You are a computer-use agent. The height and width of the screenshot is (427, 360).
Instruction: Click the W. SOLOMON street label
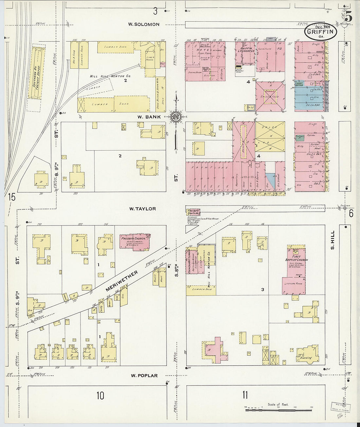coord(144,25)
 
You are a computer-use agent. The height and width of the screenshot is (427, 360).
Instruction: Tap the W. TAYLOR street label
coord(142,209)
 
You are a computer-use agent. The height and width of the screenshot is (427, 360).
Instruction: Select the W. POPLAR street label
coord(144,376)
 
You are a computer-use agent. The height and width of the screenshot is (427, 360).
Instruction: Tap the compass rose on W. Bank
coord(176,117)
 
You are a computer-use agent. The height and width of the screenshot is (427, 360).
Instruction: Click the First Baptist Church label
coord(297,260)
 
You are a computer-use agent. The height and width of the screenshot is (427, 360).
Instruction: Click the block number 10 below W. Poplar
coord(100,396)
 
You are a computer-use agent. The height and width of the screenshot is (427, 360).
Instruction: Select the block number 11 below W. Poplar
coord(245,395)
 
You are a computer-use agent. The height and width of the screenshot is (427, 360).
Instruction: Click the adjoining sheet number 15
coord(12,197)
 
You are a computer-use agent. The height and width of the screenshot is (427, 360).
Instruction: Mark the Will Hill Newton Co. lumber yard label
coord(111,76)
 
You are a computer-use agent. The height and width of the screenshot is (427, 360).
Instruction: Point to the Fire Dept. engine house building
coord(193,212)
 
